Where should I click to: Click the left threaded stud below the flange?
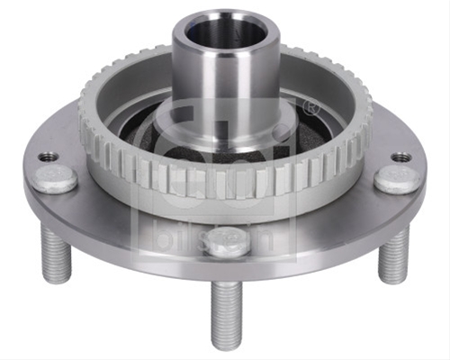pyautogui.click(x=56, y=255)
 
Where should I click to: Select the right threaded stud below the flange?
pyautogui.click(x=393, y=255)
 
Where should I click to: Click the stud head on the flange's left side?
pyautogui.click(x=56, y=179)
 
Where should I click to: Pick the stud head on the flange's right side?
pyautogui.click(x=396, y=181)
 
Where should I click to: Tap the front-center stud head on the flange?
pyautogui.click(x=227, y=242)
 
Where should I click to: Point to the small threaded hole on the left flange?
pyautogui.click(x=48, y=157)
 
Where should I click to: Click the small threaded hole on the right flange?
pyautogui.click(x=402, y=157)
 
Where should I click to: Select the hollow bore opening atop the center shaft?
pyautogui.click(x=226, y=34)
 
